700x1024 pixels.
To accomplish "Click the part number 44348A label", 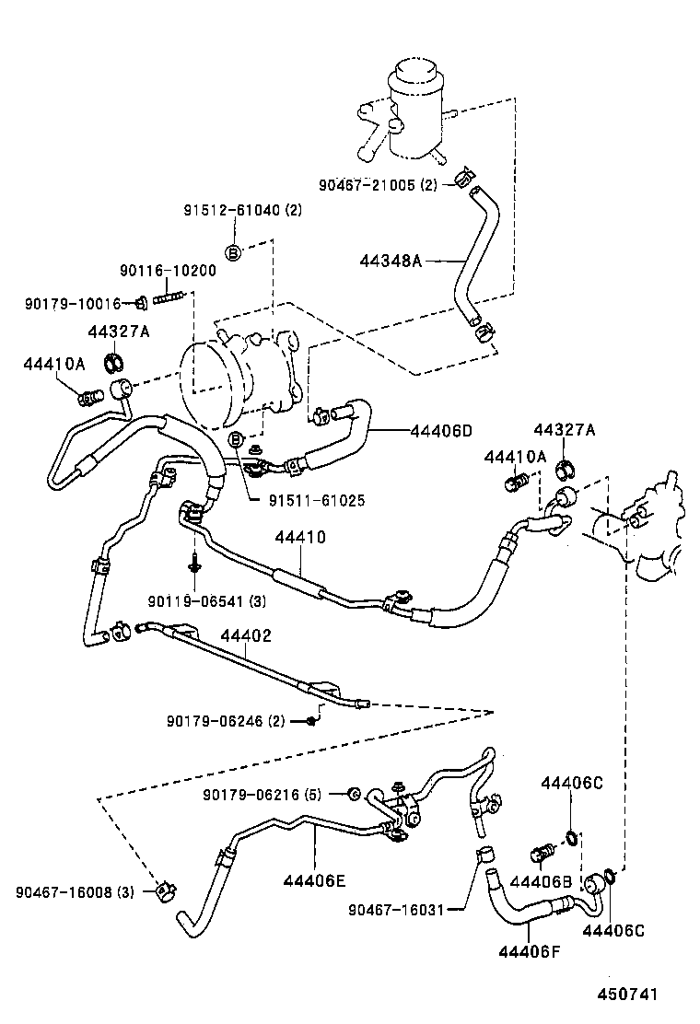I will [x=390, y=261].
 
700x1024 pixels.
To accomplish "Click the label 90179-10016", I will [x=73, y=303].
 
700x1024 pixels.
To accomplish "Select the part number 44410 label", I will [x=299, y=536].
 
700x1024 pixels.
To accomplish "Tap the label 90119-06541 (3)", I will [x=206, y=601].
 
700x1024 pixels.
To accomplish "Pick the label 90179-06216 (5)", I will [x=262, y=795].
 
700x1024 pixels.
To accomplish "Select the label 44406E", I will [x=315, y=880].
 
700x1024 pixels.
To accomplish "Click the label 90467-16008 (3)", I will [x=75, y=891].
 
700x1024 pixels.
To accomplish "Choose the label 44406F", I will [x=530, y=949].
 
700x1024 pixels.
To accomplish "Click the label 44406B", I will [x=542, y=881].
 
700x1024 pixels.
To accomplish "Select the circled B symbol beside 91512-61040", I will [x=233, y=252].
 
